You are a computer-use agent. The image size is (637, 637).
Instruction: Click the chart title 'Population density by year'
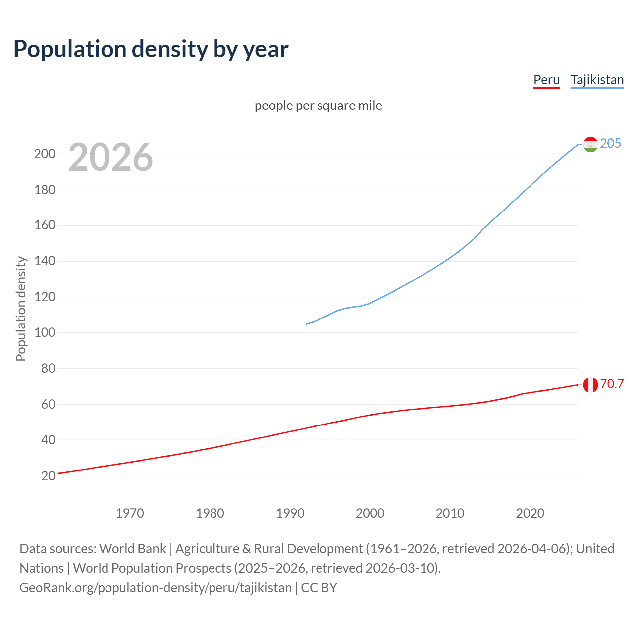(x=151, y=49)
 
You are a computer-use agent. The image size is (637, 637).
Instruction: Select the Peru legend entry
(x=546, y=80)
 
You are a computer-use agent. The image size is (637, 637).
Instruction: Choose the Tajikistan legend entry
(x=597, y=80)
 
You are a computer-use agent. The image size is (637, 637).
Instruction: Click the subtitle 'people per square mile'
(x=318, y=106)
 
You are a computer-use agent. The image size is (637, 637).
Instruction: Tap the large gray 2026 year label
(x=110, y=157)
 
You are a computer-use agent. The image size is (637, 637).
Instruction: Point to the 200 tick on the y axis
(x=45, y=154)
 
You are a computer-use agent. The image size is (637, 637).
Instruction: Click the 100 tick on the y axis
(x=45, y=332)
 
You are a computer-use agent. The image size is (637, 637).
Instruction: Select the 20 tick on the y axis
(x=48, y=476)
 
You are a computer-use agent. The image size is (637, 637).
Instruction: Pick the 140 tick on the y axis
(x=45, y=261)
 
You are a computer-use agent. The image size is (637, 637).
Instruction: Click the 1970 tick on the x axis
(x=130, y=513)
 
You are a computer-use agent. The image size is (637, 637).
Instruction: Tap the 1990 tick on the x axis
(x=290, y=513)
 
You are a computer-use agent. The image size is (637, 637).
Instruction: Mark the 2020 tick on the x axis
(x=530, y=513)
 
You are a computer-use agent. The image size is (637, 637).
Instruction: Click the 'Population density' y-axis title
(x=21, y=309)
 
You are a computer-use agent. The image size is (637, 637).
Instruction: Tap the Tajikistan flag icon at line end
(x=590, y=144)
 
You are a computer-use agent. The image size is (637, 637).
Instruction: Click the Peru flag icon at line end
(x=590, y=385)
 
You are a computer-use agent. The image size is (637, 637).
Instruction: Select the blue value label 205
(x=610, y=143)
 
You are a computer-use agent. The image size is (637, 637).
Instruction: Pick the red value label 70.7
(x=612, y=384)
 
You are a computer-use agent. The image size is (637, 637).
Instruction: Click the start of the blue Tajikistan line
(x=307, y=324)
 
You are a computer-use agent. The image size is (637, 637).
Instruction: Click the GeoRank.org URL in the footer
(x=155, y=588)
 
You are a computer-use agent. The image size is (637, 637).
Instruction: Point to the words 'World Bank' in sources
(x=132, y=549)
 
